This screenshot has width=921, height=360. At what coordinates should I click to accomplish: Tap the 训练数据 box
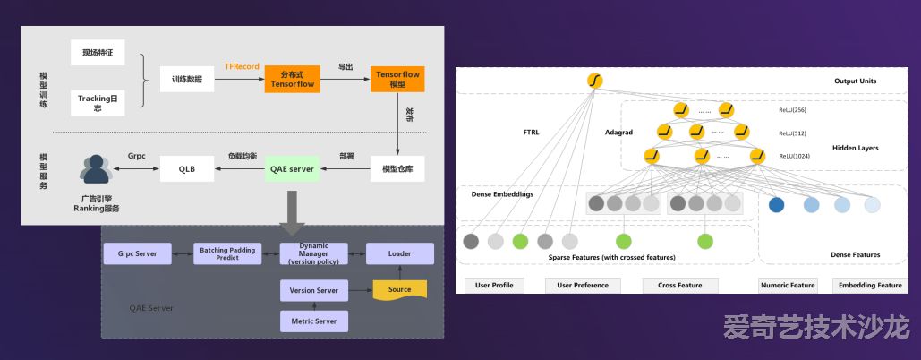click(x=187, y=79)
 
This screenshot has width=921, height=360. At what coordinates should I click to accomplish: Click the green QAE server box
click(x=291, y=167)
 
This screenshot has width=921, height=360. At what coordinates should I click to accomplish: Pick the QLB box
click(x=187, y=167)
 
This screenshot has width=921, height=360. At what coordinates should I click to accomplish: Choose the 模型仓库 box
click(x=397, y=167)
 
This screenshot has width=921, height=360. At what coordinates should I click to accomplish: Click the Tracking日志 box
click(x=97, y=102)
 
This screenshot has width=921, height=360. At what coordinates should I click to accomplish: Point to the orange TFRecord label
click(x=242, y=66)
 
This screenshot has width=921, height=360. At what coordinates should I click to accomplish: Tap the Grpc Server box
click(x=137, y=253)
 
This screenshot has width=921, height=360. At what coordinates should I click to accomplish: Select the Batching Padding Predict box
click(x=226, y=253)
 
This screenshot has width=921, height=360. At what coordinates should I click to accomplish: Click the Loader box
click(x=399, y=253)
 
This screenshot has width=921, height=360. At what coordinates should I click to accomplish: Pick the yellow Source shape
click(x=399, y=289)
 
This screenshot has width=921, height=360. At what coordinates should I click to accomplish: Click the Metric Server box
click(x=314, y=321)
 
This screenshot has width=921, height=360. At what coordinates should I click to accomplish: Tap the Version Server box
click(x=314, y=290)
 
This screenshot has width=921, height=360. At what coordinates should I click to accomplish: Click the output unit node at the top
click(x=594, y=81)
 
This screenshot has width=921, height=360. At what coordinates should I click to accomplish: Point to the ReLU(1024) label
click(x=793, y=156)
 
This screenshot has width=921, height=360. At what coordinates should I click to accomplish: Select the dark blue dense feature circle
click(x=776, y=204)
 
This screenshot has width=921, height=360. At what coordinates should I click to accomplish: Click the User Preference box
click(x=583, y=286)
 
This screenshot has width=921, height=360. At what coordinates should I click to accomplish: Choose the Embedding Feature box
click(x=868, y=286)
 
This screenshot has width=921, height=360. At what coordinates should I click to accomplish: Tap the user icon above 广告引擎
click(x=94, y=168)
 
